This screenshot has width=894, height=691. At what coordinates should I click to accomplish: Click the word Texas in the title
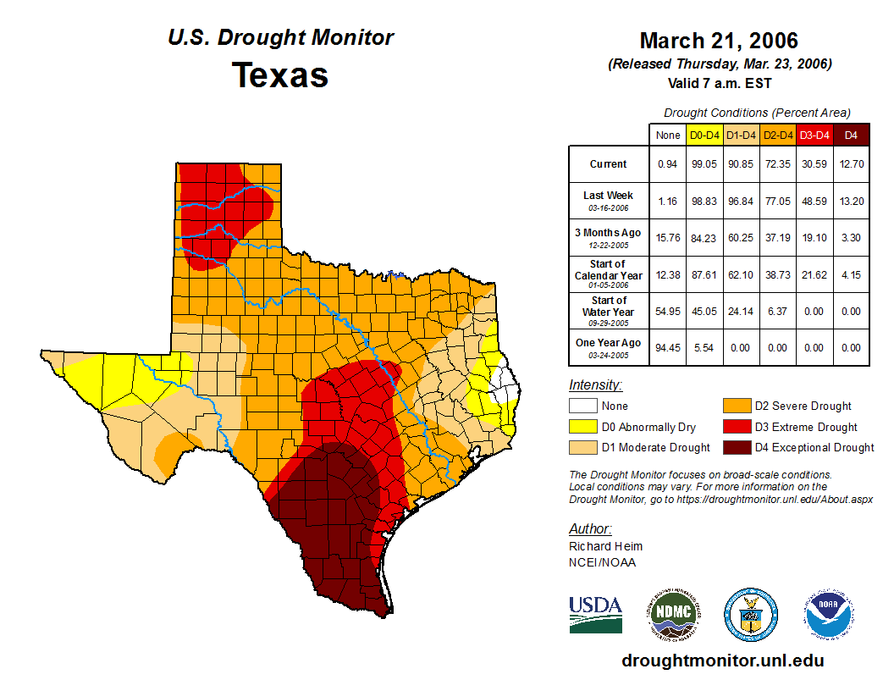280,75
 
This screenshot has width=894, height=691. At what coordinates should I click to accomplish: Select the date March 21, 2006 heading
719,41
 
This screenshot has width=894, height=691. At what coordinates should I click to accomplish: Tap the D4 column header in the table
851,135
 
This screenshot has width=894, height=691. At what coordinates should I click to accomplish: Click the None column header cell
667,135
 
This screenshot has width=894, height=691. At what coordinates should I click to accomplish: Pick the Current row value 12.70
851,164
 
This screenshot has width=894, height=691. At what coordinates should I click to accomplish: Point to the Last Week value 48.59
814,201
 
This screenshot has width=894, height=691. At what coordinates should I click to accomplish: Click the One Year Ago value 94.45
667,347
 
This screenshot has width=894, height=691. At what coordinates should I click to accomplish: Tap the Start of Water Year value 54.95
667,311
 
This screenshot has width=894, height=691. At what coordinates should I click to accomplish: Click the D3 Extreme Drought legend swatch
735,427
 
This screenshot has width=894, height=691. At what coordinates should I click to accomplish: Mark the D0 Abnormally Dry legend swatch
582,427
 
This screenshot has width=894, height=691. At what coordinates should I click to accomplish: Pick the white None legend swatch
582,406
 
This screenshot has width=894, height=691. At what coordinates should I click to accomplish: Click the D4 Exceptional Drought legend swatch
735,447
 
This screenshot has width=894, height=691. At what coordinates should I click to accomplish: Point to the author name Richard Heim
605,546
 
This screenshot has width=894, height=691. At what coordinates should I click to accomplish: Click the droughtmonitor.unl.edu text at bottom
722,661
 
